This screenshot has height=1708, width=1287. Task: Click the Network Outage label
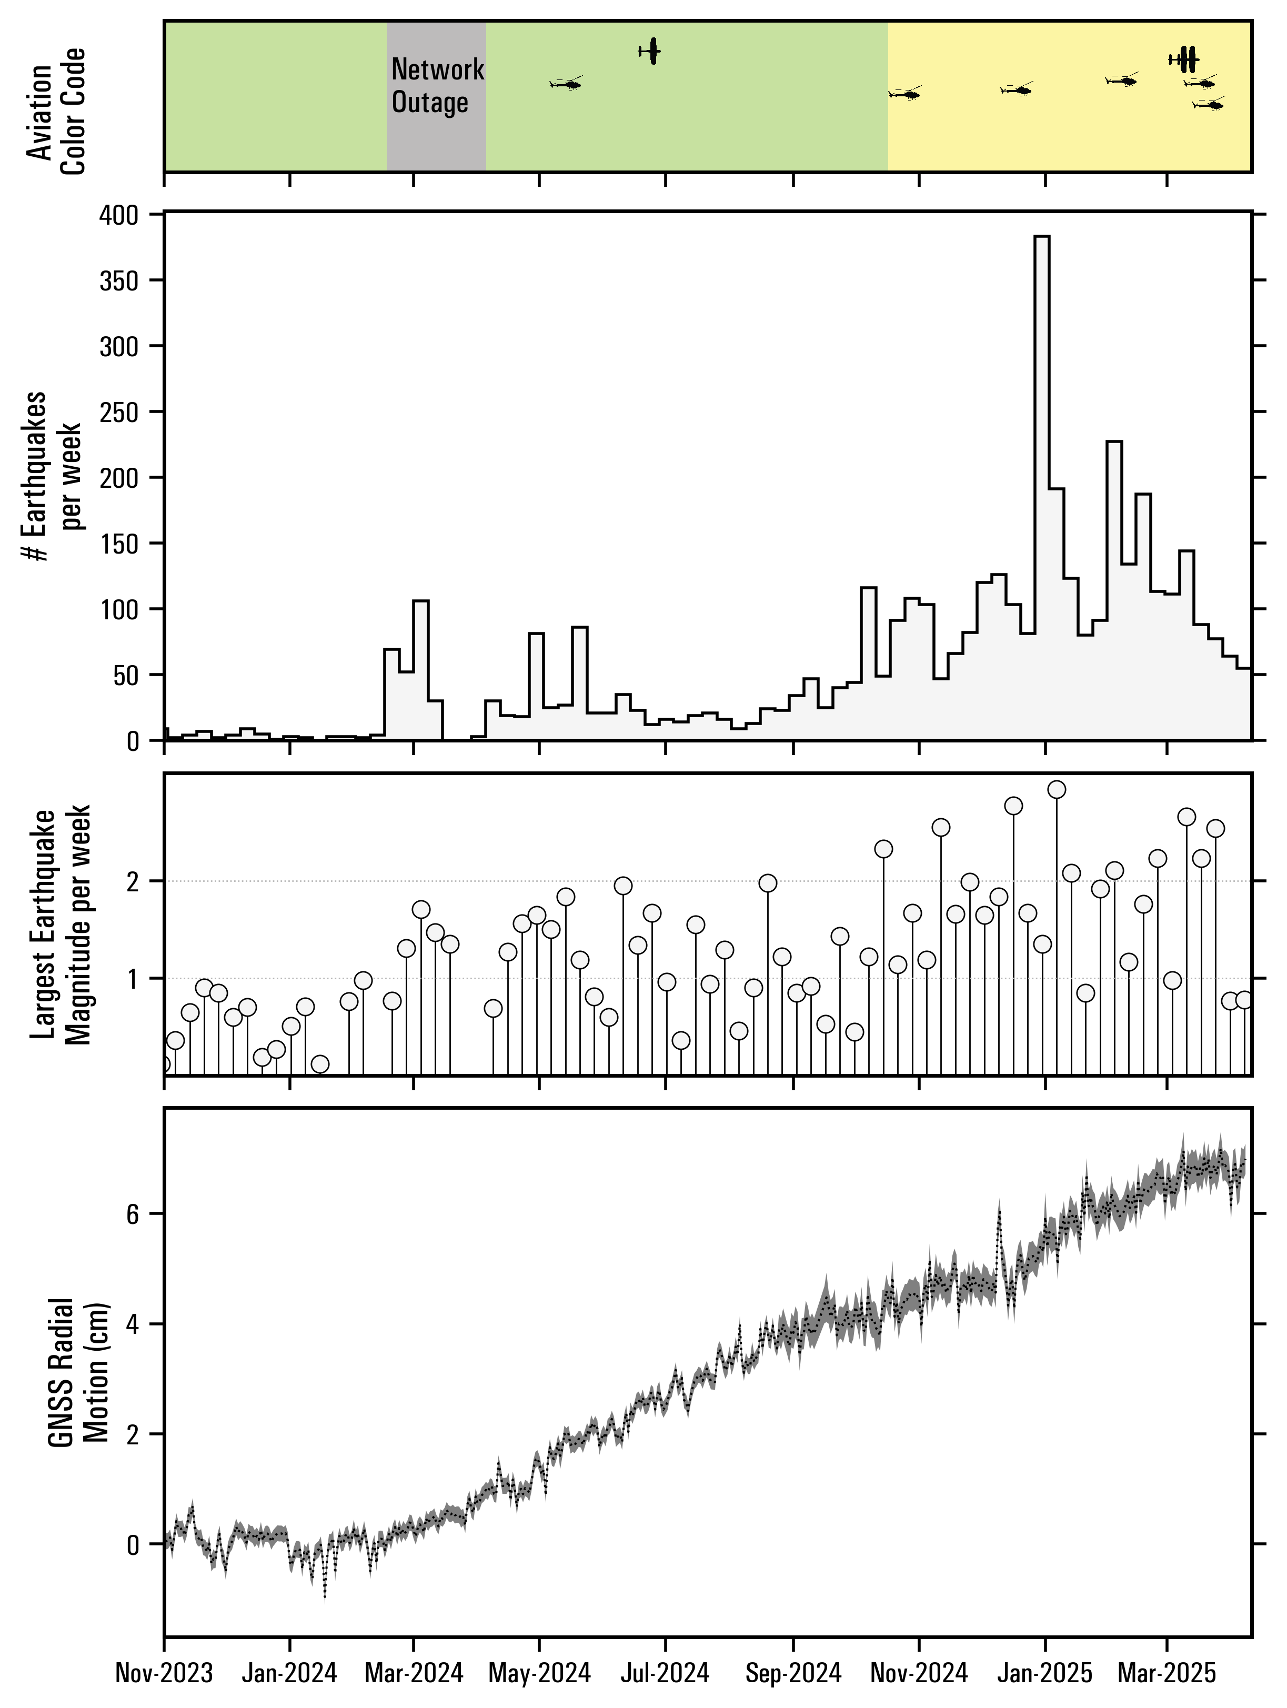tap(437, 86)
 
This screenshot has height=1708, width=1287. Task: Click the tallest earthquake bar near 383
tap(1041, 486)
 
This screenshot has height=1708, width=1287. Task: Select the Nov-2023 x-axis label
tap(164, 1675)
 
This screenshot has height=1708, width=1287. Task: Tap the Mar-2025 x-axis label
tap(1167, 1675)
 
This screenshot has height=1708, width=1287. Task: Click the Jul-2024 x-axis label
tap(665, 1675)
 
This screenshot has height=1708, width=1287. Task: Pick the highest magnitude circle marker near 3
tap(1057, 789)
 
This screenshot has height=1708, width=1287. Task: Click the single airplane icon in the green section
tap(651, 51)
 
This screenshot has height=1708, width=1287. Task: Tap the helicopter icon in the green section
tap(567, 83)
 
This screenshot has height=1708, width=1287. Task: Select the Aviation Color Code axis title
tap(56, 112)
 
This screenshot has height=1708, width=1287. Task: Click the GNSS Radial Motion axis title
tap(79, 1371)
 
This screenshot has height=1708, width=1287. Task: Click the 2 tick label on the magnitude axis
tap(133, 881)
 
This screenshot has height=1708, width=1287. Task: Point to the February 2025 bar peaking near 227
tap(1114, 587)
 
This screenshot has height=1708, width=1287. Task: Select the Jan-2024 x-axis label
tap(289, 1675)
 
